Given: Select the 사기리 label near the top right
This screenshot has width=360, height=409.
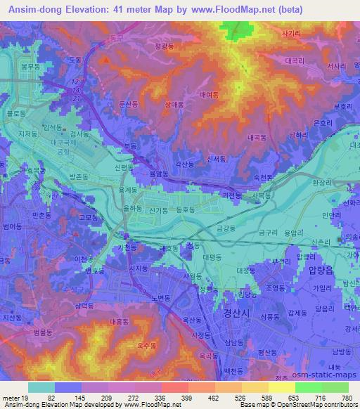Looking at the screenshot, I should (x=290, y=33).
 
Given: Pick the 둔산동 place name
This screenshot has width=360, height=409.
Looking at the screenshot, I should (x=129, y=103).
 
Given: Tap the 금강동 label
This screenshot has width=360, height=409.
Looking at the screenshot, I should (x=226, y=228).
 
